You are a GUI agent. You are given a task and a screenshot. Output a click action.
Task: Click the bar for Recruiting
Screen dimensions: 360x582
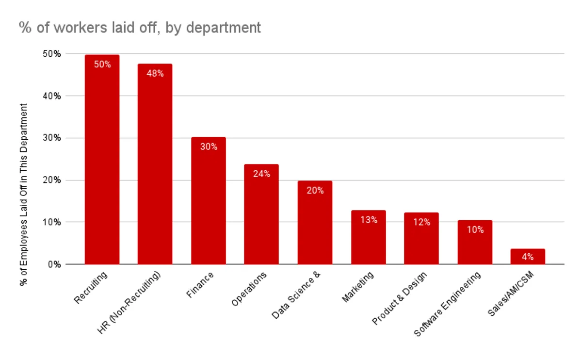(x=102, y=160)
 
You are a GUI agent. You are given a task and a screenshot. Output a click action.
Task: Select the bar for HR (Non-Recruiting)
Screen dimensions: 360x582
(x=155, y=165)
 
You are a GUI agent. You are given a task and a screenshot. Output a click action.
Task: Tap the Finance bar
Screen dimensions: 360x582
(x=208, y=201)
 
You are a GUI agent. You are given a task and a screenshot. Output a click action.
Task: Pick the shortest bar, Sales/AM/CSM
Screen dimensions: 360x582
(x=528, y=257)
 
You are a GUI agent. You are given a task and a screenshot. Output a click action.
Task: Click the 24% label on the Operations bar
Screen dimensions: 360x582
(x=261, y=174)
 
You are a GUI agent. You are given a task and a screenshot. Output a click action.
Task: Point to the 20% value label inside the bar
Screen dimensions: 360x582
(x=315, y=190)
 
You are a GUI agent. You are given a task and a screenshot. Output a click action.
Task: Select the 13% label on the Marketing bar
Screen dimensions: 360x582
(x=368, y=220)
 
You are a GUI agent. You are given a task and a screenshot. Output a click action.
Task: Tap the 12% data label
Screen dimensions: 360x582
(x=421, y=222)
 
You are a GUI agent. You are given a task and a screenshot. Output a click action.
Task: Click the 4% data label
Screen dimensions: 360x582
(x=528, y=257)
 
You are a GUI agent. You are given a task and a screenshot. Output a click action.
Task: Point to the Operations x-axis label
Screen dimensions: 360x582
(x=249, y=289)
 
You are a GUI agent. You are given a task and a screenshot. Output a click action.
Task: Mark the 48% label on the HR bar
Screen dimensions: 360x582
(x=155, y=74)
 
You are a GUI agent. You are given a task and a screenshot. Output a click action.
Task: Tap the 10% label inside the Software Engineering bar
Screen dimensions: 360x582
(x=474, y=230)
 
